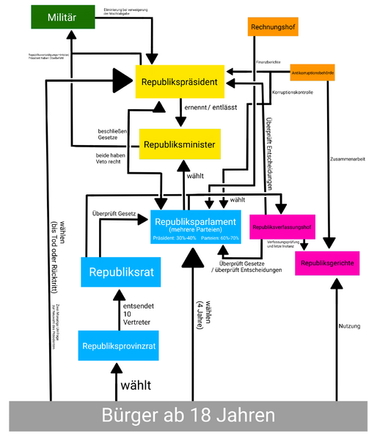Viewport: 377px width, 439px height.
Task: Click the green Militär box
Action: point(62,17)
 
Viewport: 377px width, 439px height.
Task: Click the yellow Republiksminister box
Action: point(180,144)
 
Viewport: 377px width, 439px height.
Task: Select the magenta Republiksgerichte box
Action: point(327,262)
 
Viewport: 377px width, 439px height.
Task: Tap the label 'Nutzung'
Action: point(349,327)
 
